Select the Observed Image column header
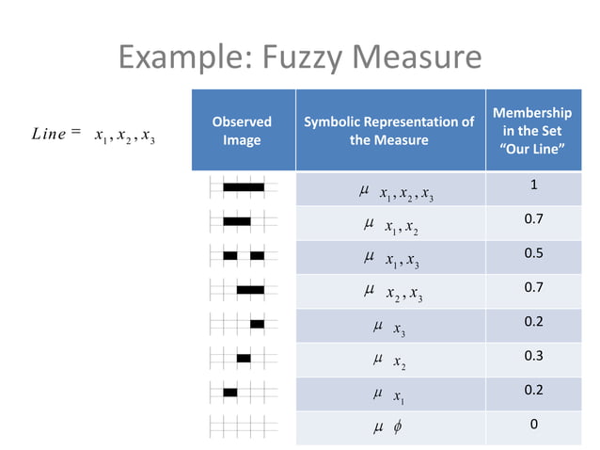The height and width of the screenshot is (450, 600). click(x=242, y=131)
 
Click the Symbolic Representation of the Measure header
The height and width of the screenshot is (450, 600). click(x=388, y=131)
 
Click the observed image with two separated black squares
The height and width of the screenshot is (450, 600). click(x=244, y=255)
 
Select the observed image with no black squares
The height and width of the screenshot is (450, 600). click(x=244, y=425)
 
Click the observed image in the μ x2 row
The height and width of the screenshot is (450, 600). click(x=244, y=358)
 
